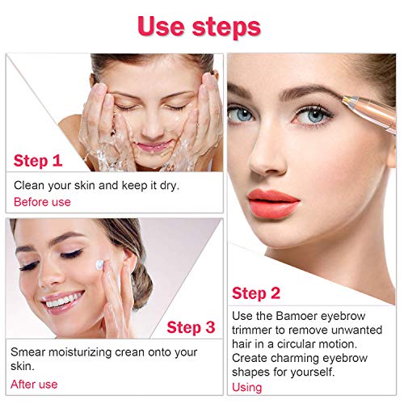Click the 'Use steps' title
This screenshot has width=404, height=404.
click(199, 26)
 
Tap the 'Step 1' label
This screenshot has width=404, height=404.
click(38, 160)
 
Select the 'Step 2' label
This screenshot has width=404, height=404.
click(256, 292)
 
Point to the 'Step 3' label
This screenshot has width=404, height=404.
click(191, 327)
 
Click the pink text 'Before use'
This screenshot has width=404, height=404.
click(43, 201)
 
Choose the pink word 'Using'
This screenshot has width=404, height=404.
click(246, 387)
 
